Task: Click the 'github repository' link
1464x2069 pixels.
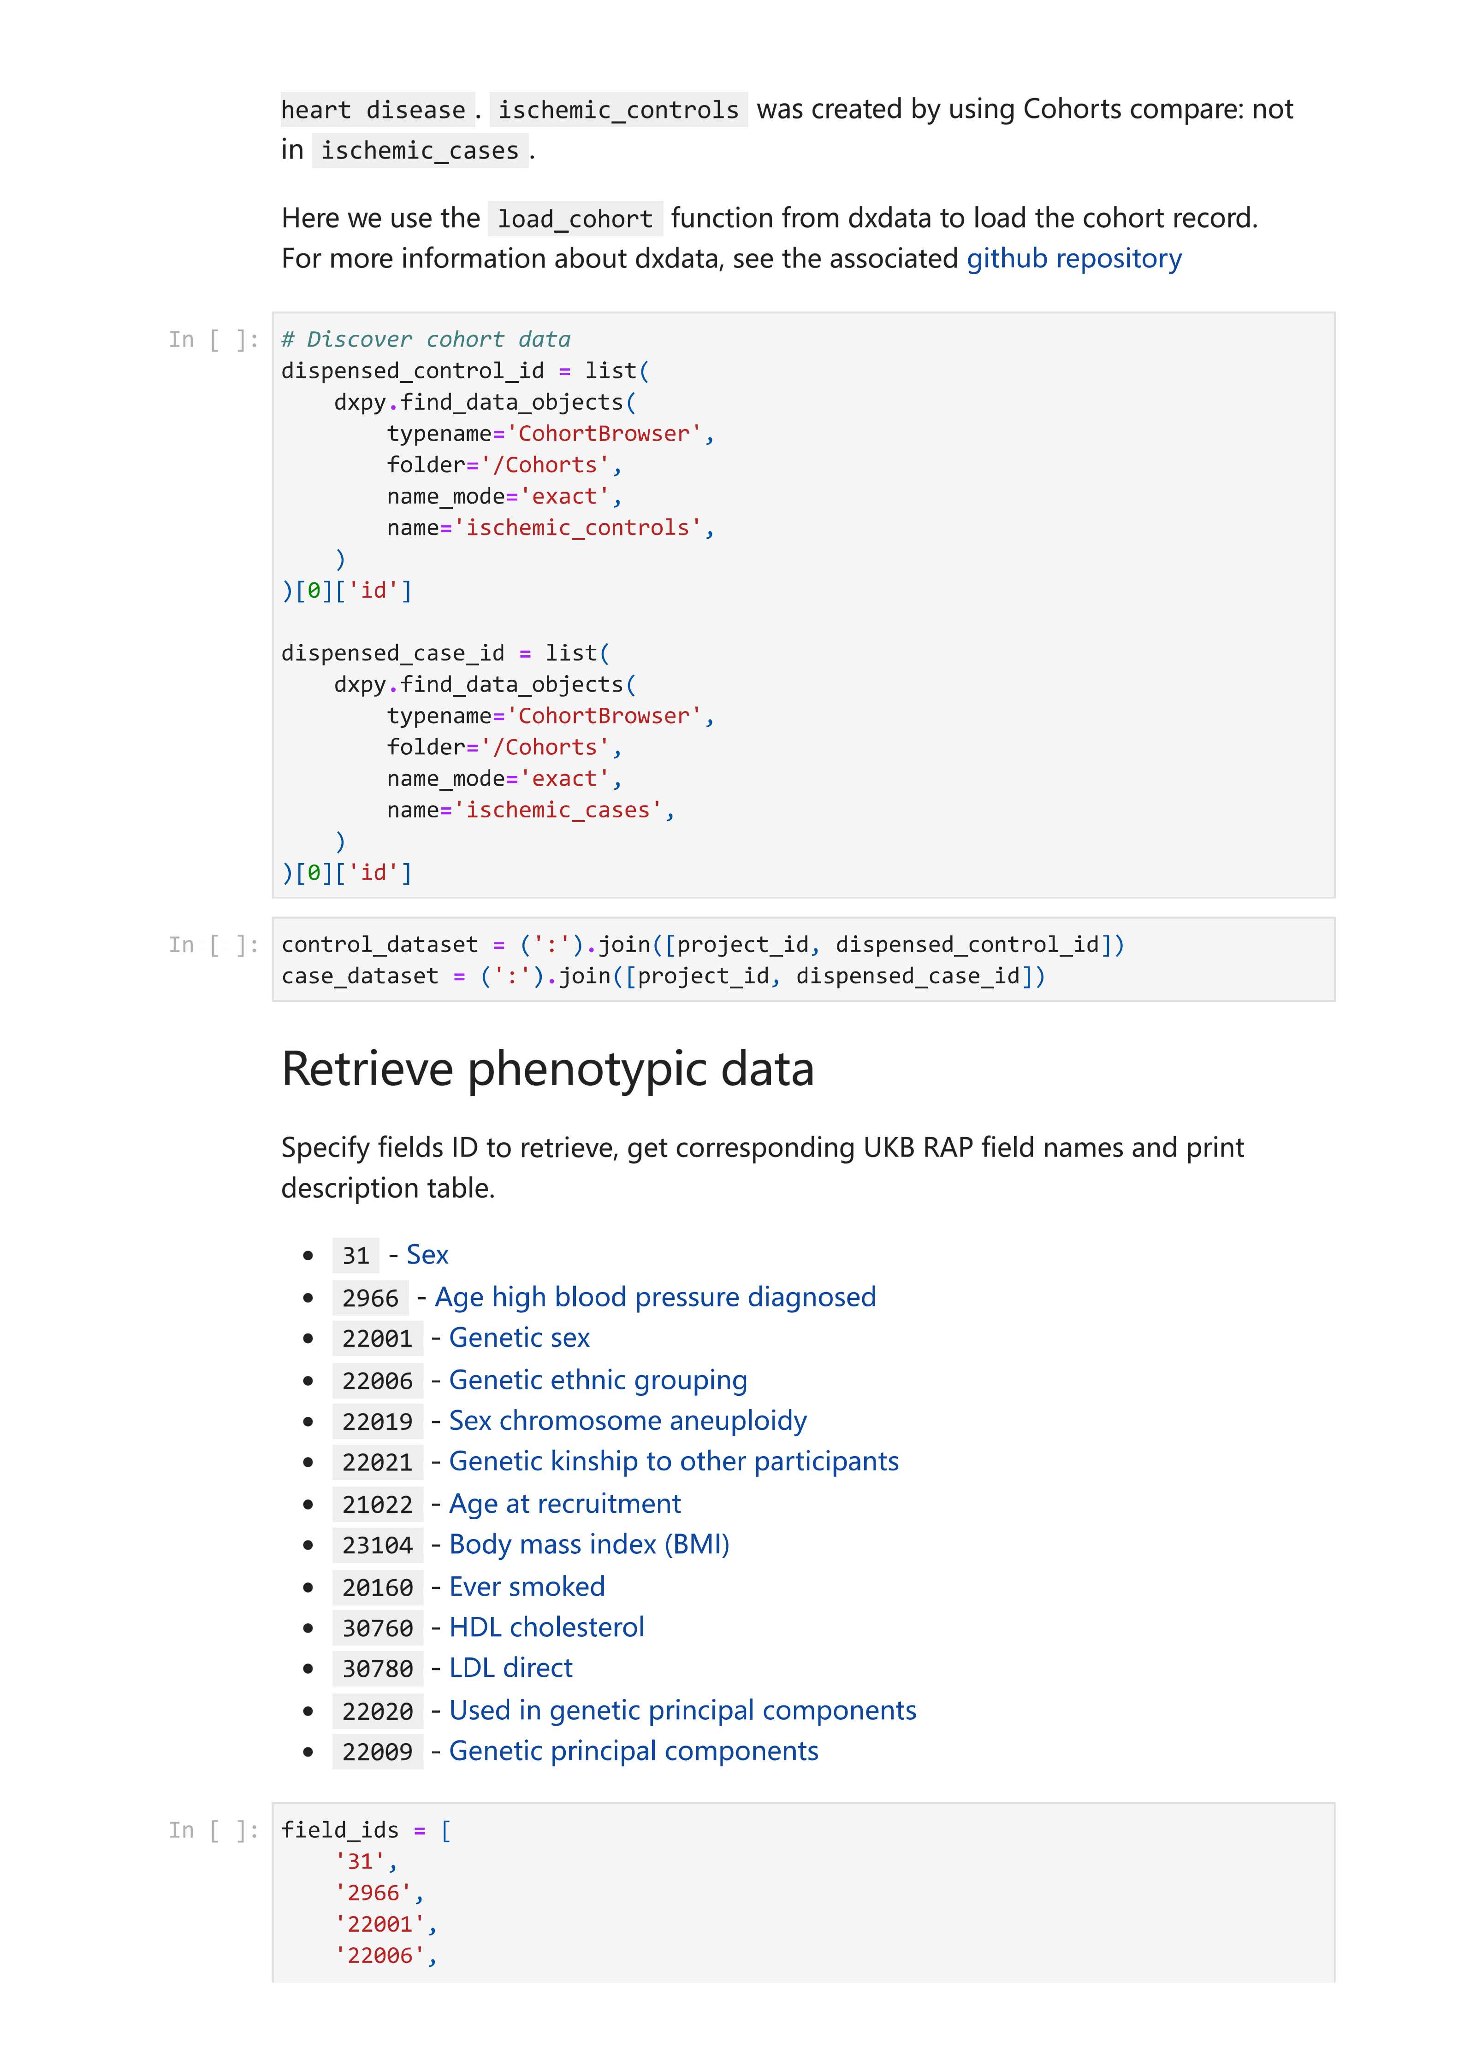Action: [x=1073, y=259]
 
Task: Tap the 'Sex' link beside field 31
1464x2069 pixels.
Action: [x=427, y=1254]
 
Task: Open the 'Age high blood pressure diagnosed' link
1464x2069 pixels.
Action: [x=655, y=1297]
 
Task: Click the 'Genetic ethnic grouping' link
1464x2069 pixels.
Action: [x=598, y=1380]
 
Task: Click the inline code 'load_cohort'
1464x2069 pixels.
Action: [x=575, y=219]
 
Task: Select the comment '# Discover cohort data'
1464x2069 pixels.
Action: [x=426, y=340]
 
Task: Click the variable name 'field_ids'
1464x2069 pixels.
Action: [x=340, y=1830]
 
